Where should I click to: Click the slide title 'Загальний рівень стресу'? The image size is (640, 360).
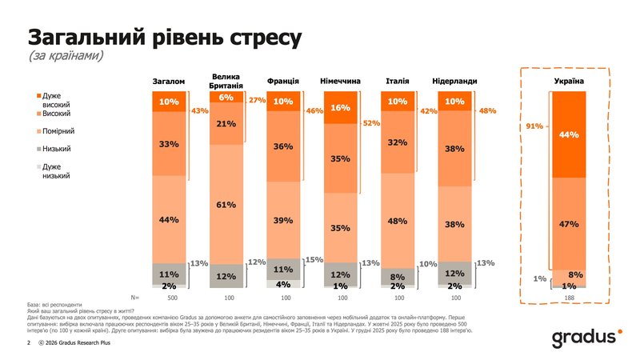tap(164, 37)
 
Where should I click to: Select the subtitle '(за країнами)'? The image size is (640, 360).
tap(66, 58)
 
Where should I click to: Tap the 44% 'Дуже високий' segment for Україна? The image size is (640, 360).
tap(569, 134)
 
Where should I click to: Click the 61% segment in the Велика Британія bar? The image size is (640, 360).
tap(226, 204)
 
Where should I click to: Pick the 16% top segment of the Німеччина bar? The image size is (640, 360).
tap(340, 108)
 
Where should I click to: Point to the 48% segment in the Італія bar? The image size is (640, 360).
tap(397, 221)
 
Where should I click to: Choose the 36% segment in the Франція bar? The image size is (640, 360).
tap(282, 146)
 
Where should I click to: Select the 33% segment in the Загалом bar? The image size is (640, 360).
tap(169, 144)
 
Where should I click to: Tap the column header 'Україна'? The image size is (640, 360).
tap(569, 82)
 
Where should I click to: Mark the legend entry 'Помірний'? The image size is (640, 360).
tap(57, 130)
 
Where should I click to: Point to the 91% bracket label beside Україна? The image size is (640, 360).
tap(534, 126)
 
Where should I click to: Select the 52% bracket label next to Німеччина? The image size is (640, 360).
tap(371, 123)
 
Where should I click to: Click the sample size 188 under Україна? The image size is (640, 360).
tap(569, 297)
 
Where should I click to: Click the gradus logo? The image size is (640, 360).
tap(585, 338)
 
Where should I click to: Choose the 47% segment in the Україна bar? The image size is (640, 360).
tap(569, 225)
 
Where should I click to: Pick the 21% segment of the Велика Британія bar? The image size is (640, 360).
tap(226, 124)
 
